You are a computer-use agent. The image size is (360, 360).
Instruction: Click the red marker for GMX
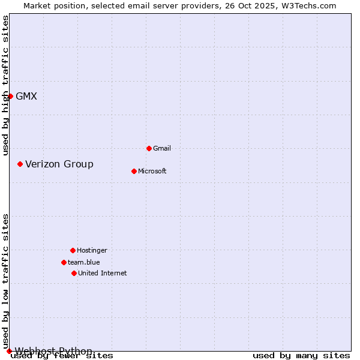pos(10,96)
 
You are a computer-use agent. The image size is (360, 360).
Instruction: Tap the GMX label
pos(26,96)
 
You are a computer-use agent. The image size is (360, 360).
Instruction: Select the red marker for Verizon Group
pos(20,164)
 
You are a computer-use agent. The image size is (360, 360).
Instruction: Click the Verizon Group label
pos(59,164)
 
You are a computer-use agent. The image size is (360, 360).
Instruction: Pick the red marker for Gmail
pos(149,148)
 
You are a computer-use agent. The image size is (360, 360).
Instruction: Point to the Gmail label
pos(162,148)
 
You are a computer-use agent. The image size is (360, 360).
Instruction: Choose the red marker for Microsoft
pos(134,171)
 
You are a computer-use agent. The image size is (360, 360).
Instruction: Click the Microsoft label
pos(152,171)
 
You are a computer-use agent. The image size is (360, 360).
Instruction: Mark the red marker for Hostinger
pos(73,250)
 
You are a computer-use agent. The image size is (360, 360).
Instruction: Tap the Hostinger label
pos(92,250)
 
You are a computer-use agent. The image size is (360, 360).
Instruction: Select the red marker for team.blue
pos(64,262)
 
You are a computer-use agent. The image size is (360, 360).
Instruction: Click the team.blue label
pos(84,262)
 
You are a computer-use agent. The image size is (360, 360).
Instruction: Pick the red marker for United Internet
pos(74,273)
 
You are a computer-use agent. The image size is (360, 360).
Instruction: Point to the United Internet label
pos(103,273)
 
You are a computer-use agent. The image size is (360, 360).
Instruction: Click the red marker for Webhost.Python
pos(9,351)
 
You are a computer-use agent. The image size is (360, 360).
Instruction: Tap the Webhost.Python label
pos(53,351)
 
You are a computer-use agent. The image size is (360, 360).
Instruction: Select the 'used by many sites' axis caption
pos(301,356)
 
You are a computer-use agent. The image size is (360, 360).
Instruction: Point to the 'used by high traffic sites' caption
pos(5,85)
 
